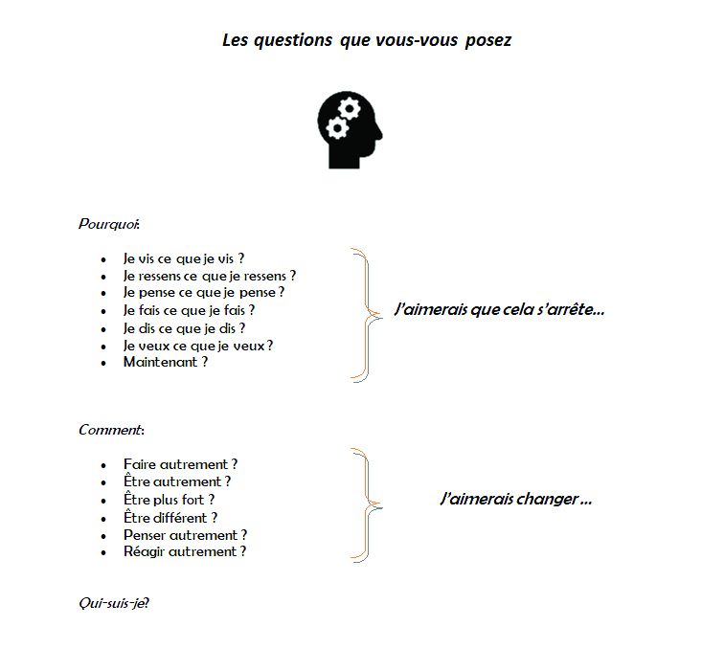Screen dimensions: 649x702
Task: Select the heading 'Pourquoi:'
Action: click(x=108, y=224)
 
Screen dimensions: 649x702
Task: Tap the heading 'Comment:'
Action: click(x=110, y=430)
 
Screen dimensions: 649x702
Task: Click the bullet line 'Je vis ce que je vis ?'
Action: click(x=183, y=258)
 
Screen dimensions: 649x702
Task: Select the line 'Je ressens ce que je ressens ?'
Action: click(x=209, y=276)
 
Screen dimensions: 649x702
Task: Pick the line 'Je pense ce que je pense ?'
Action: click(x=203, y=293)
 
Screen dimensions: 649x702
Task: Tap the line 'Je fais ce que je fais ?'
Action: click(x=189, y=310)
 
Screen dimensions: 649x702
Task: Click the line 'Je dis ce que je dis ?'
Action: click(x=184, y=327)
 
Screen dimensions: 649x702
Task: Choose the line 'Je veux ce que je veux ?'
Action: click(x=197, y=345)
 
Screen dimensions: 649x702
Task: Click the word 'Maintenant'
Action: click(x=160, y=362)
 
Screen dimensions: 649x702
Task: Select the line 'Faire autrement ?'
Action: click(x=180, y=464)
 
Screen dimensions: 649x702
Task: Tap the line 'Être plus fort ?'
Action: click(x=169, y=499)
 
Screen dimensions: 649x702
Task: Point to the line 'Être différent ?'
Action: click(x=170, y=517)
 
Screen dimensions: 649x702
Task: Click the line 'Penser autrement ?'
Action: click(x=185, y=534)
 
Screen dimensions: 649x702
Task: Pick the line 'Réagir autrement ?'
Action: click(x=184, y=551)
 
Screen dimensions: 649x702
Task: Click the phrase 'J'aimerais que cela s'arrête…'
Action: click(x=499, y=310)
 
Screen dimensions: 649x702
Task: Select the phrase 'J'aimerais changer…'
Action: click(x=515, y=499)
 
